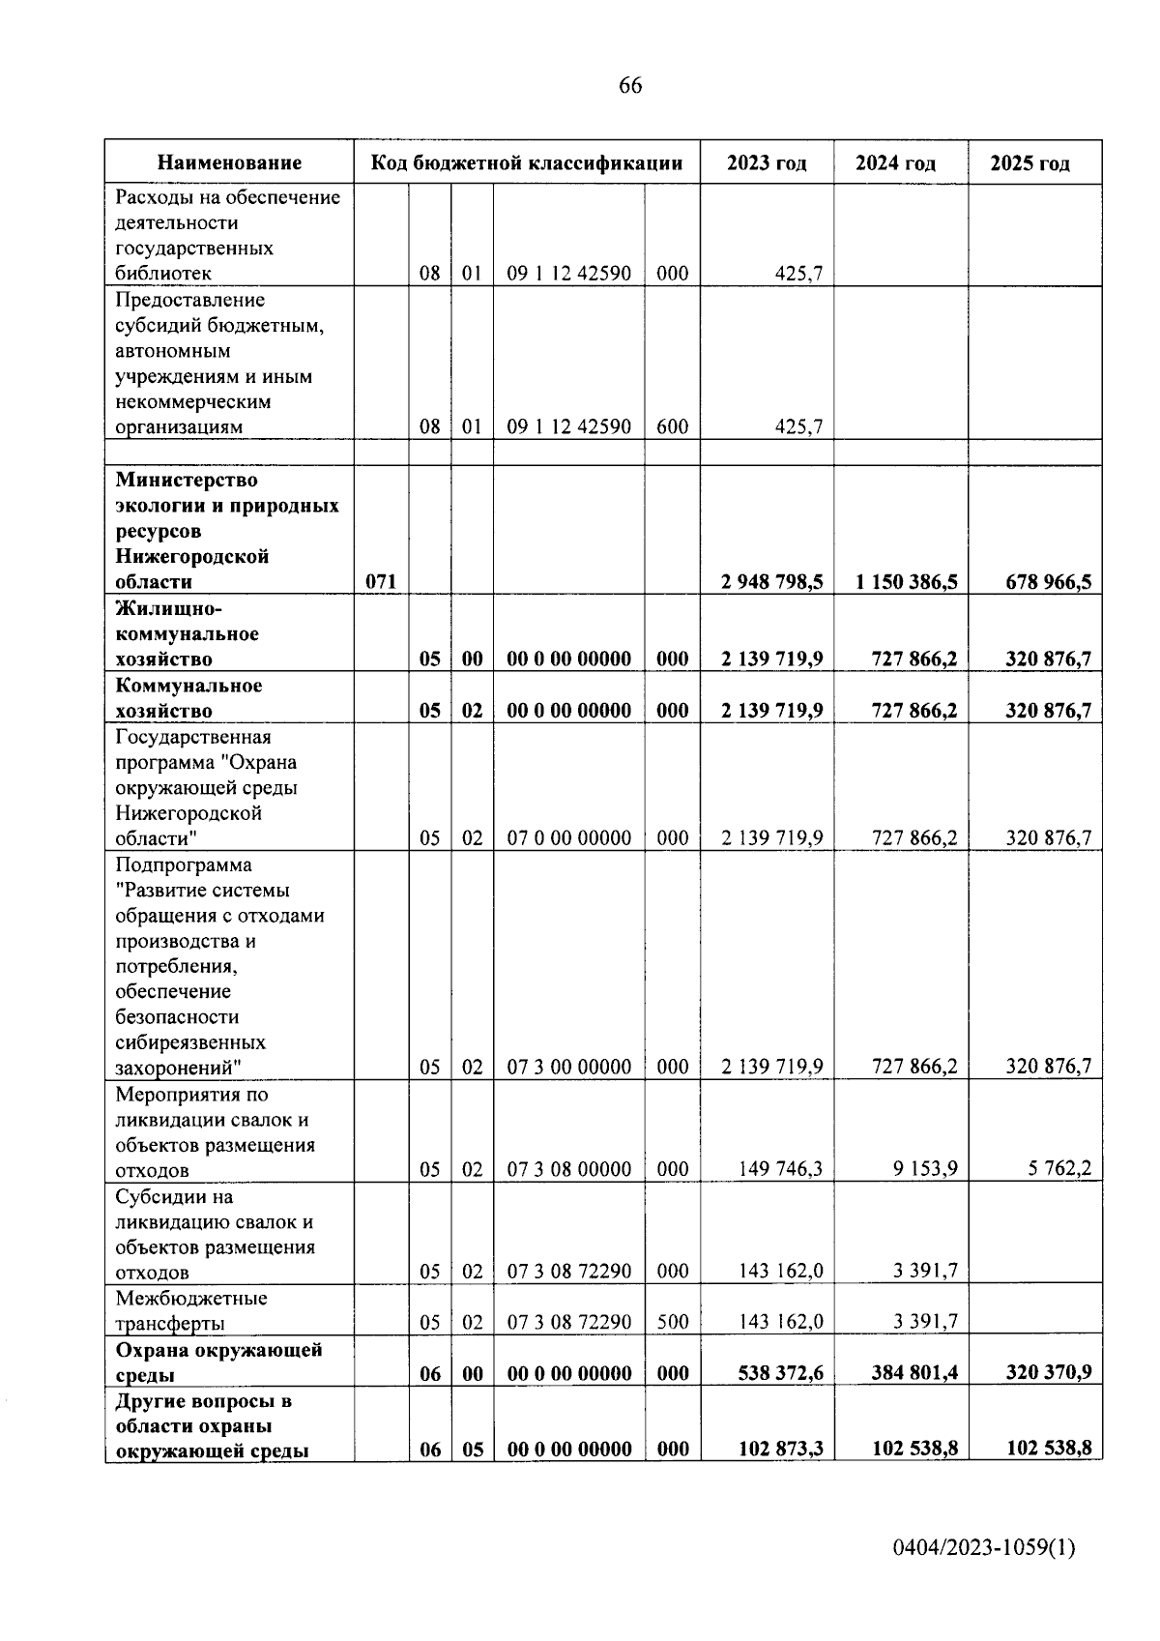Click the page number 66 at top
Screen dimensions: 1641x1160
[x=629, y=86]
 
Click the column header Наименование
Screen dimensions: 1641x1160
[x=229, y=163]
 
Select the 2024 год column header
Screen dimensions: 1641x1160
[x=895, y=163]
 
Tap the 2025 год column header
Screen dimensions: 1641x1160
[x=1029, y=163]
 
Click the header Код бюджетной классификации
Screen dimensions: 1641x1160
[x=527, y=163]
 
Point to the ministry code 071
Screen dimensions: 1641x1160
[x=381, y=582]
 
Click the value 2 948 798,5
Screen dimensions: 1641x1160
[x=771, y=582]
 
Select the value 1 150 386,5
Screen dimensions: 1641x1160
[x=906, y=582]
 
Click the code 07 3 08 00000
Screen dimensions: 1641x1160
[x=569, y=1169]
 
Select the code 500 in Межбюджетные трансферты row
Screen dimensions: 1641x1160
[x=672, y=1322]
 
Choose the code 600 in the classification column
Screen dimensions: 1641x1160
[x=672, y=426]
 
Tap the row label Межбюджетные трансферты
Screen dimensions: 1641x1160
[x=191, y=1310]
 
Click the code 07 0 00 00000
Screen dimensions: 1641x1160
[x=569, y=838]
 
